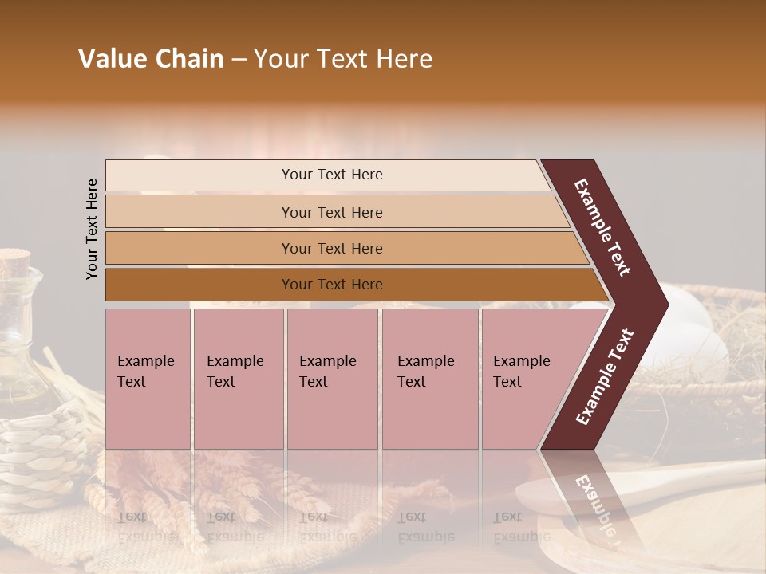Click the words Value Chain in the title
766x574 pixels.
[x=151, y=59]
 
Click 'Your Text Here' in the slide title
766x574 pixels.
[x=343, y=59]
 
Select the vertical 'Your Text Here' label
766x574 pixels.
[x=92, y=229]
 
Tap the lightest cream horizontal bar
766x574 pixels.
[x=331, y=175]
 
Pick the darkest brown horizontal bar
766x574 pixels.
[x=331, y=285]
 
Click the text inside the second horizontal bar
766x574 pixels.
[x=332, y=213]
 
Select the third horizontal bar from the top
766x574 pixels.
[x=331, y=249]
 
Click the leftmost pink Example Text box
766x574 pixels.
[x=148, y=379]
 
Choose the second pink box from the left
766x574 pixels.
[x=238, y=379]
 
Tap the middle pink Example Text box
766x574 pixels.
[x=332, y=379]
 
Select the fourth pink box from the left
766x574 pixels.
[x=429, y=379]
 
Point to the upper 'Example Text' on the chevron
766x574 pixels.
[x=602, y=227]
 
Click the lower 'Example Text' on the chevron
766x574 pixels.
[x=604, y=377]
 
